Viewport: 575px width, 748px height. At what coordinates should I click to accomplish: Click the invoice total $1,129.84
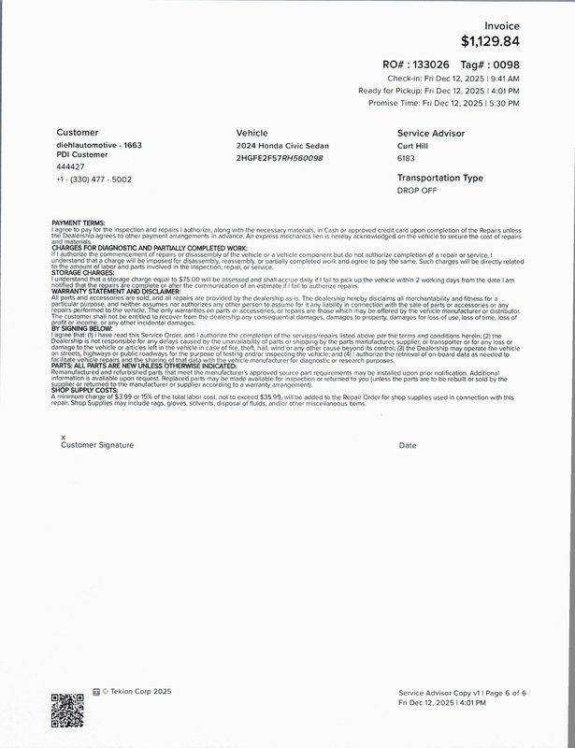490,41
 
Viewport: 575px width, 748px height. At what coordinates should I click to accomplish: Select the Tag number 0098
505,64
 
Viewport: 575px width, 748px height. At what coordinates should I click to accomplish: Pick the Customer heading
77,133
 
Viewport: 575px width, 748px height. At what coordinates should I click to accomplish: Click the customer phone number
94,179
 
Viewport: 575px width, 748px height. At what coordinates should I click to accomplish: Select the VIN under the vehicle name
280,158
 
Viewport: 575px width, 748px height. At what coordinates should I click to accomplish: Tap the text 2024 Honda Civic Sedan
282,146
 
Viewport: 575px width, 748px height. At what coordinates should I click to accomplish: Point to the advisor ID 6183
407,158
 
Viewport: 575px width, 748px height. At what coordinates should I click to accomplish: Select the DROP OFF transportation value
417,190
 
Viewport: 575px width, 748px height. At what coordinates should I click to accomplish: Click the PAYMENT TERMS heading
79,223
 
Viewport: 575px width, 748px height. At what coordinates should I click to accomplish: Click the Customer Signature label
97,446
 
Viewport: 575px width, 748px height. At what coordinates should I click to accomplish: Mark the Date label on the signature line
407,446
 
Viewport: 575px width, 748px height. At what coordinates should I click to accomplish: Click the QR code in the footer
65,712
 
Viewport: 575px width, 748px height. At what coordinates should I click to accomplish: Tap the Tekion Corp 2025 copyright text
137,692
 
